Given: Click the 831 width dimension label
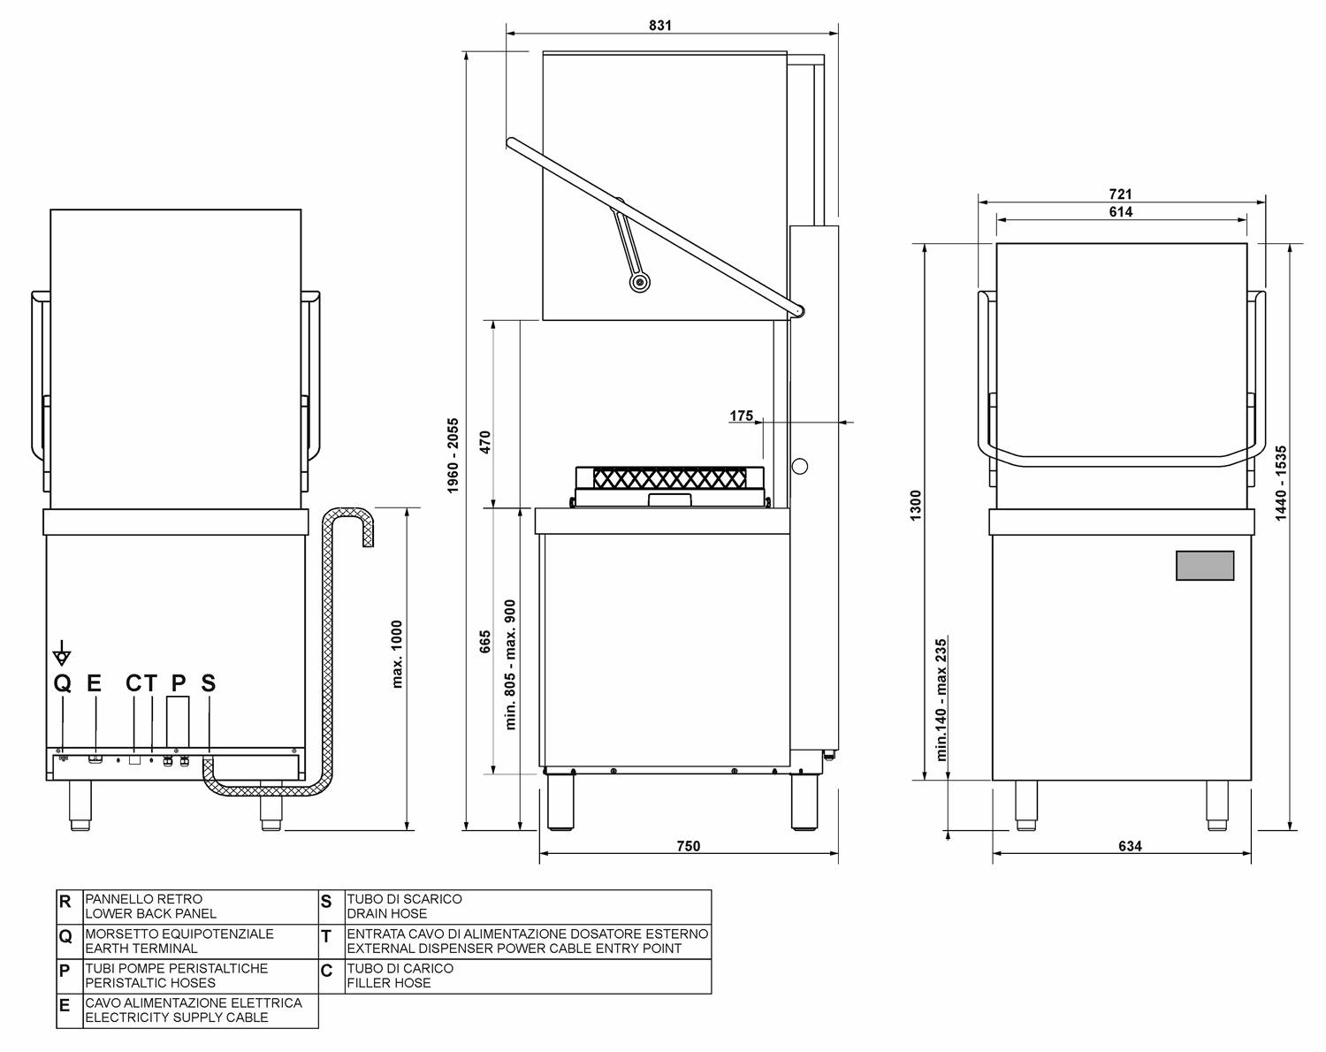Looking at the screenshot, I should (x=660, y=25).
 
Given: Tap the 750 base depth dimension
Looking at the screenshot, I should (x=688, y=846).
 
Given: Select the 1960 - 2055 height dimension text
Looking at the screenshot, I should (x=453, y=455).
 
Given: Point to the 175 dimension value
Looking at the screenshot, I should (x=742, y=415).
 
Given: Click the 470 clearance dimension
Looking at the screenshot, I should (x=484, y=442).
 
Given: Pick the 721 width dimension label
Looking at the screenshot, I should (x=1120, y=194).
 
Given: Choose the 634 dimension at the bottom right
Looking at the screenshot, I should (x=1130, y=846).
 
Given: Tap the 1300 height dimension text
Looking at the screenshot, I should (x=916, y=506).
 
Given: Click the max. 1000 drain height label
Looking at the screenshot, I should (x=397, y=653).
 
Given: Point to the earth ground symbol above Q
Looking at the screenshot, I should (x=62, y=654).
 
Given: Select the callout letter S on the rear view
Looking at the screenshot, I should (x=208, y=683).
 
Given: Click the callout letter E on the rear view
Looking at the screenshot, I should (x=95, y=683).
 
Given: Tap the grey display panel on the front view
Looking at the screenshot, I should (x=1204, y=566).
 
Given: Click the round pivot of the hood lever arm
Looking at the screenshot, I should (x=639, y=282).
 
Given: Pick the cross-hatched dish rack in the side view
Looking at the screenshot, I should (x=669, y=478).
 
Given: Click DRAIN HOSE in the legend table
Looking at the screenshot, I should (x=386, y=913).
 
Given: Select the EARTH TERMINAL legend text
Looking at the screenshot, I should (x=141, y=948).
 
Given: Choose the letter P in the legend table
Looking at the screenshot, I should (x=65, y=971).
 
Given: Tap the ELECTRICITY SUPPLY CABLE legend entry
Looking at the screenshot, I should (x=176, y=1017).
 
